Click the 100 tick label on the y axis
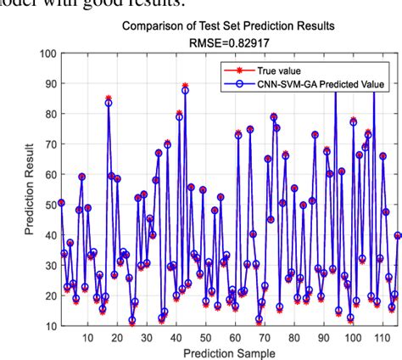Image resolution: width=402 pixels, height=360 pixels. point(44,54)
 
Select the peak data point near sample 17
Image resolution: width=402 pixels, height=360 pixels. point(109,102)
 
